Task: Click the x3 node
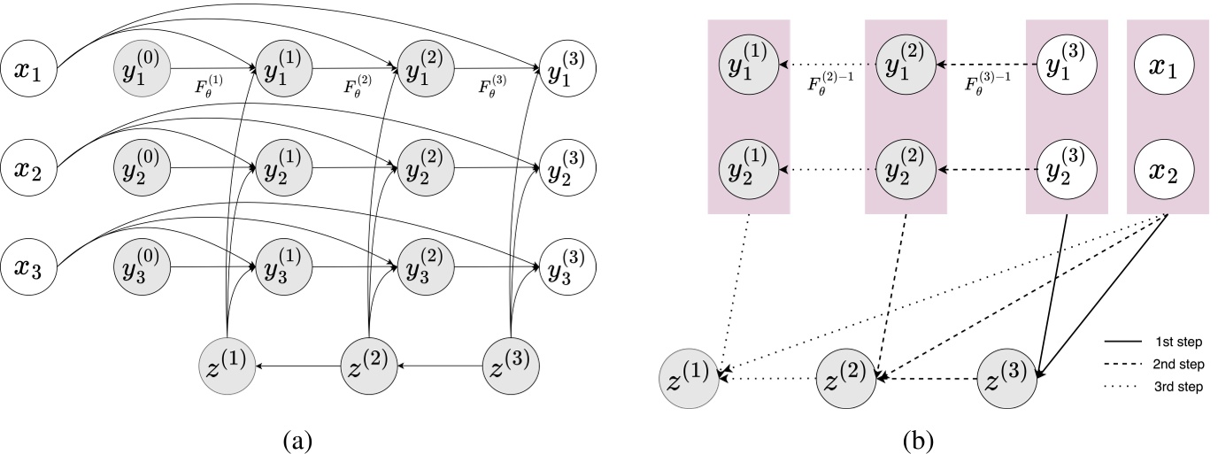pyautogui.click(x=30, y=265)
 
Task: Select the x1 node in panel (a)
pyautogui.click(x=30, y=68)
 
